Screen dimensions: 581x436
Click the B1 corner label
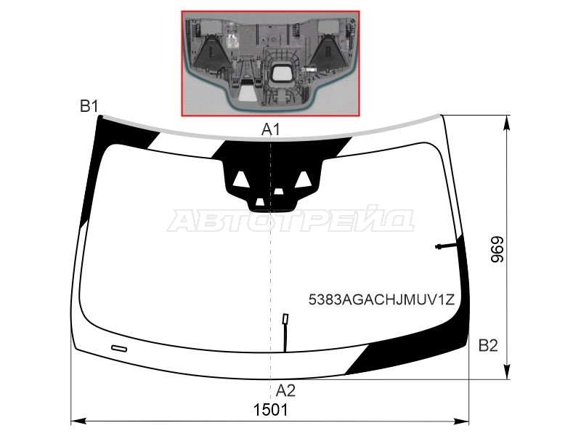(x=89, y=106)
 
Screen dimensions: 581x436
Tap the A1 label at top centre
(x=271, y=130)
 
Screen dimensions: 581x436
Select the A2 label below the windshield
(x=285, y=390)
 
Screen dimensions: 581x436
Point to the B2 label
(x=488, y=346)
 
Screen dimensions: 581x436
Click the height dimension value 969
(x=497, y=249)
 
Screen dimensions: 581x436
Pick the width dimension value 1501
(x=270, y=410)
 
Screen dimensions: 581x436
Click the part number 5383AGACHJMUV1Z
(x=381, y=299)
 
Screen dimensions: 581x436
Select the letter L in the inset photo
(x=211, y=53)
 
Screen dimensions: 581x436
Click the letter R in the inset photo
(x=328, y=52)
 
